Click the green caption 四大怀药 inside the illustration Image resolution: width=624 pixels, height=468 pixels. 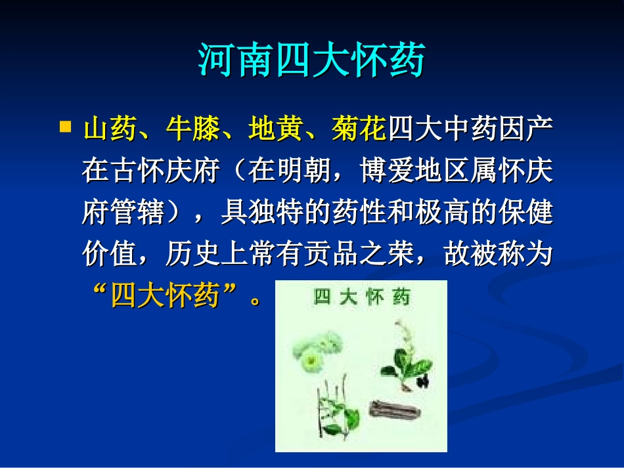point(361,297)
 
